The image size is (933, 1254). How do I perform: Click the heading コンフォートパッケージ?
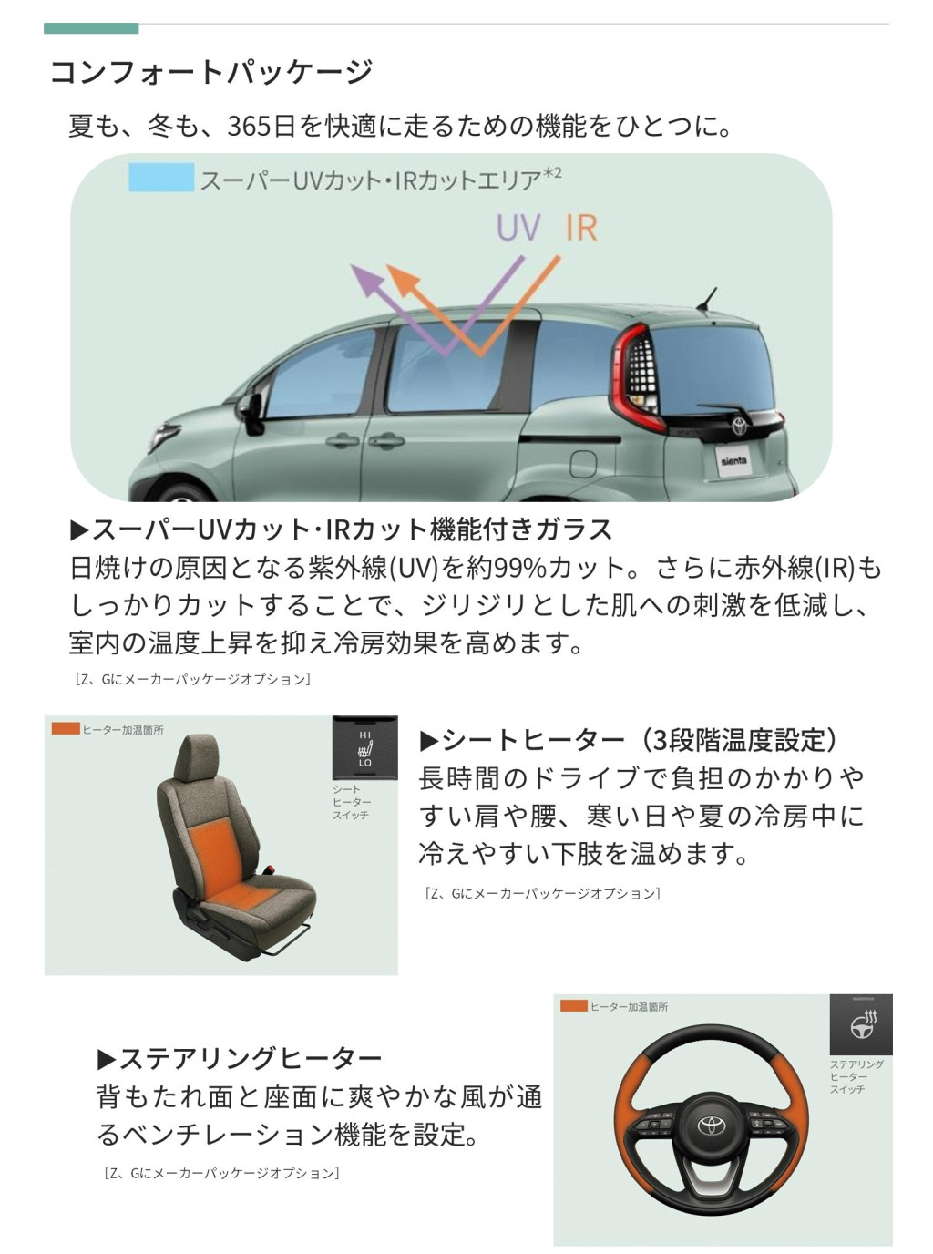pos(211,72)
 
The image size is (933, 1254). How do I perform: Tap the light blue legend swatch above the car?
pos(161,178)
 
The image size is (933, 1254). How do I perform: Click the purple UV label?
pos(518,227)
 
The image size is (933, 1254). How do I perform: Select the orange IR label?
pos(581,228)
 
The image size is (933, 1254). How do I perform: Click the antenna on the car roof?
pos(707,299)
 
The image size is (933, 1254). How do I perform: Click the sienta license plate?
pos(733,461)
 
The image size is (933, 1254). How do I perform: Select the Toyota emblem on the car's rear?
pos(740,426)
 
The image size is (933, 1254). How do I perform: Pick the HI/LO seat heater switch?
pos(364,748)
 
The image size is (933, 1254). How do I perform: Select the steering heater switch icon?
pos(861,1024)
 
